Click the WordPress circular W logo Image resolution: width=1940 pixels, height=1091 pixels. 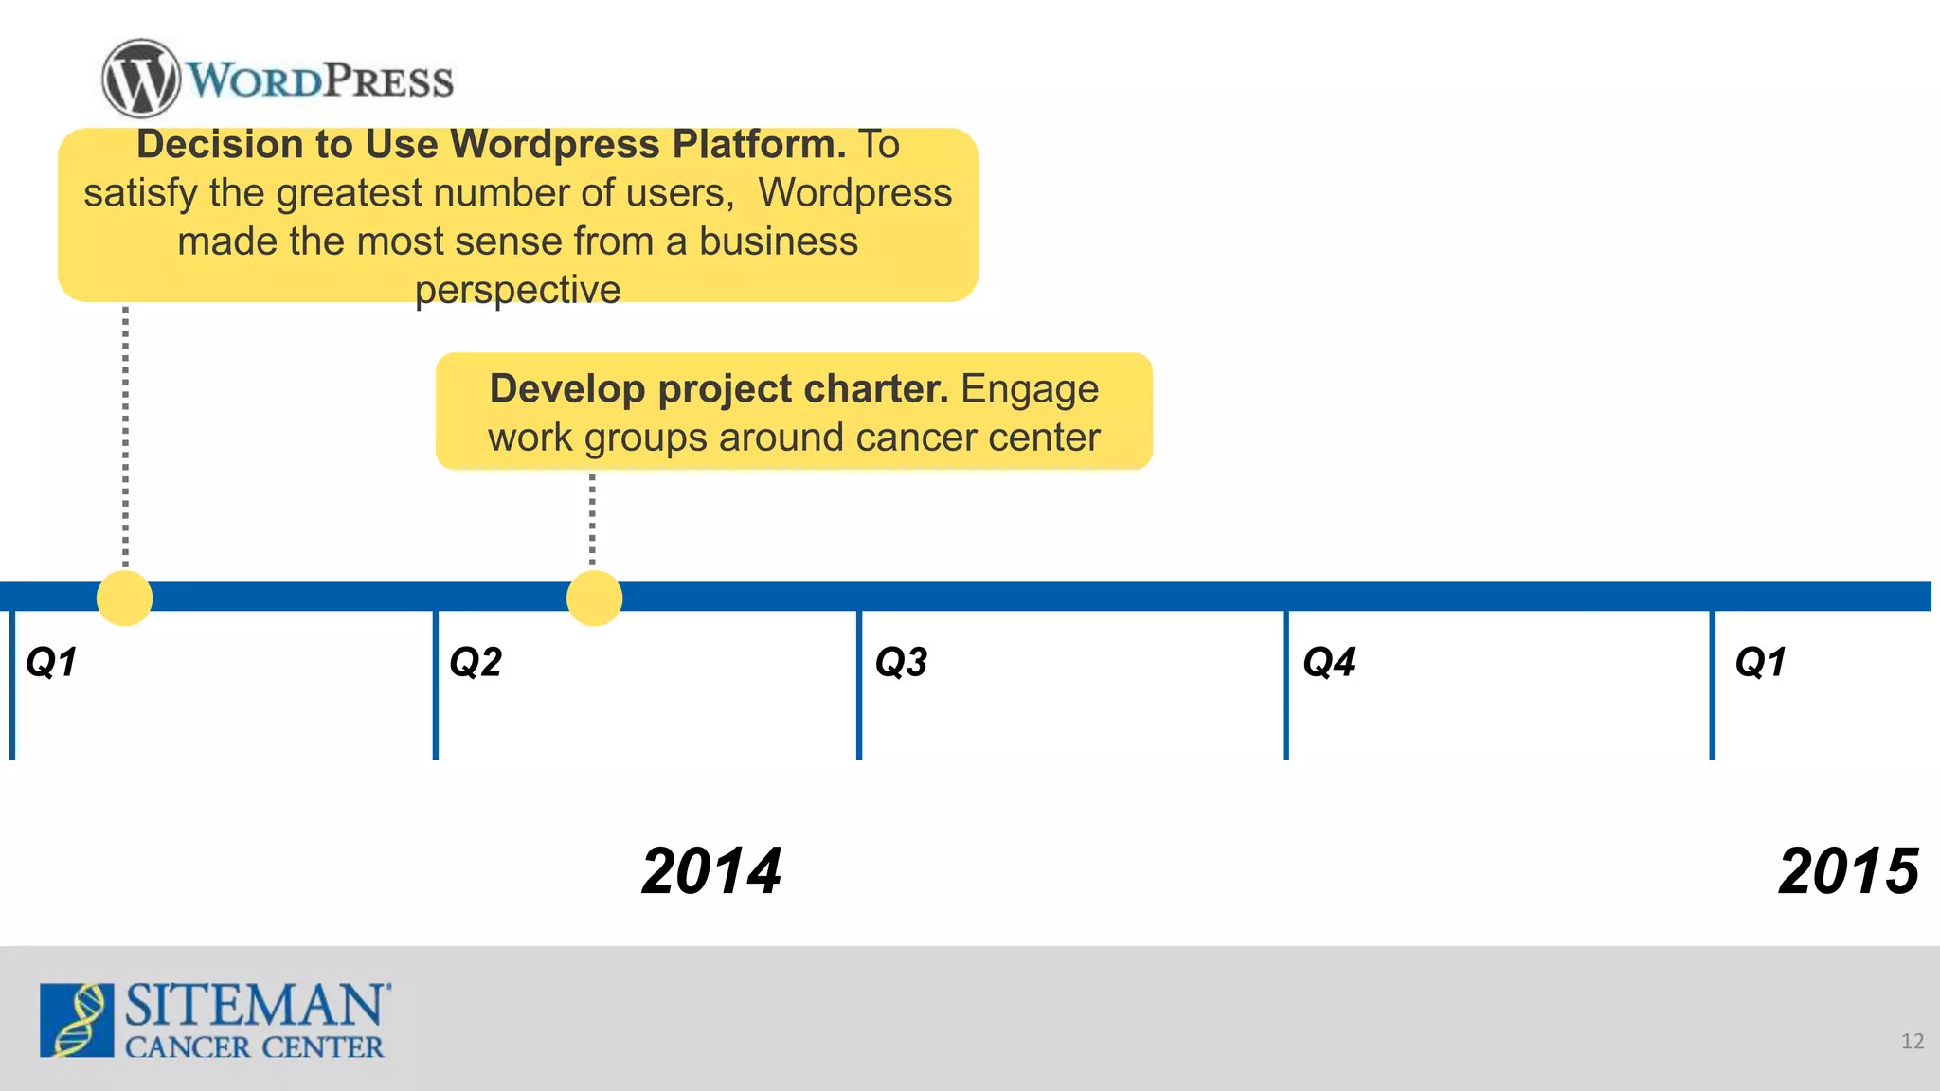[x=140, y=79]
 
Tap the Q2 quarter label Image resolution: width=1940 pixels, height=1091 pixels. [x=476, y=662]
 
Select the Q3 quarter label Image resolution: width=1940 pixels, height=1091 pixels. [x=901, y=662]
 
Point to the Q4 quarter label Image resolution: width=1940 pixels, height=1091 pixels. [x=1329, y=662]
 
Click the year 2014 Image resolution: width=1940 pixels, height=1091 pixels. [x=711, y=871]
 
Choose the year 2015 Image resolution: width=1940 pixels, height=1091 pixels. [x=1848, y=871]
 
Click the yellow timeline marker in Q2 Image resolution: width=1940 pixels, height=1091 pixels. [x=594, y=598]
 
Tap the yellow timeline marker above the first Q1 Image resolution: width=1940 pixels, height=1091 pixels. [x=124, y=598]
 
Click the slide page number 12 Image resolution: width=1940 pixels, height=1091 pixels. [x=1912, y=1042]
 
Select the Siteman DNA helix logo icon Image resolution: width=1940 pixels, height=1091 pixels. [x=77, y=1020]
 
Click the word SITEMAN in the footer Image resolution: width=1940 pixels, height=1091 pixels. [x=256, y=1005]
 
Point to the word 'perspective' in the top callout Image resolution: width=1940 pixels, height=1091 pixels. [x=517, y=290]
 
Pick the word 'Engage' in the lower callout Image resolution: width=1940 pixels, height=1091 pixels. [x=1030, y=388]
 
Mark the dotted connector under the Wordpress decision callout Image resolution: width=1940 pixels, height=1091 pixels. [x=125, y=436]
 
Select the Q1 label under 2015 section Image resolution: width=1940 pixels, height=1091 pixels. [x=1760, y=662]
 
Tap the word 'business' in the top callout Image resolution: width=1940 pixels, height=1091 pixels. [x=778, y=241]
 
